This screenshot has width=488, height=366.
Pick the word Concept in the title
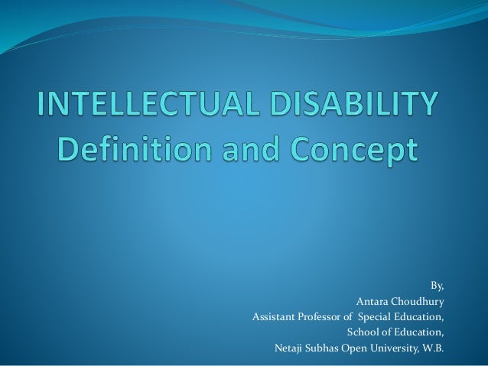pyautogui.click(x=362, y=149)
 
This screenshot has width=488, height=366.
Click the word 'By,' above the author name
pyautogui.click(x=437, y=287)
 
